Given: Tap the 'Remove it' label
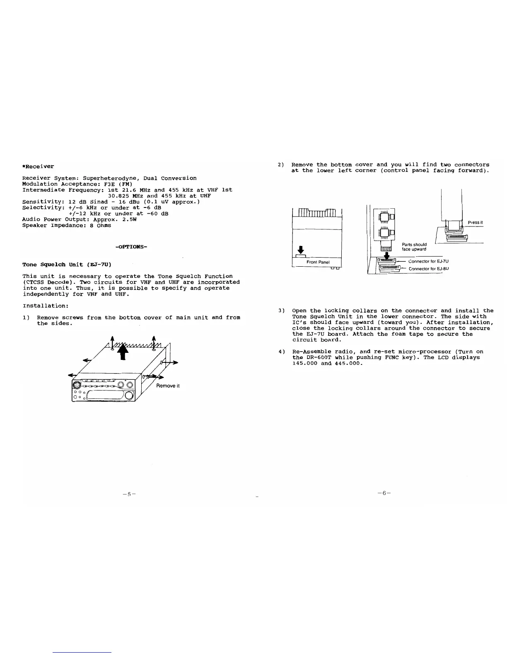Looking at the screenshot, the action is (168, 386).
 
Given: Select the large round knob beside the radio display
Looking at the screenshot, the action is (129, 396).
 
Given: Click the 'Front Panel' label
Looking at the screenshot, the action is (318, 262).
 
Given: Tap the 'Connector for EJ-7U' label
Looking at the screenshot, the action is (428, 261).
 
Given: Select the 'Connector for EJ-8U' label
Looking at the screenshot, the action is (429, 269).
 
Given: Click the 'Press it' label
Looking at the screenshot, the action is (475, 222).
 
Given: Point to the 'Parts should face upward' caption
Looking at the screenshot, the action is (414, 247).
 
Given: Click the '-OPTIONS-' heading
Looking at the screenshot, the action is (131, 247).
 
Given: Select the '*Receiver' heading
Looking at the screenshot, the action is (38, 166).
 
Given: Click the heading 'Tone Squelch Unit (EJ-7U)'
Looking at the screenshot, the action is (67, 264).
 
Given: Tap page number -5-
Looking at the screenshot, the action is (129, 494).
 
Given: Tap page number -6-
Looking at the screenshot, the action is (384, 493).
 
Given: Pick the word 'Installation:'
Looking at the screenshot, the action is (46, 306).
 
